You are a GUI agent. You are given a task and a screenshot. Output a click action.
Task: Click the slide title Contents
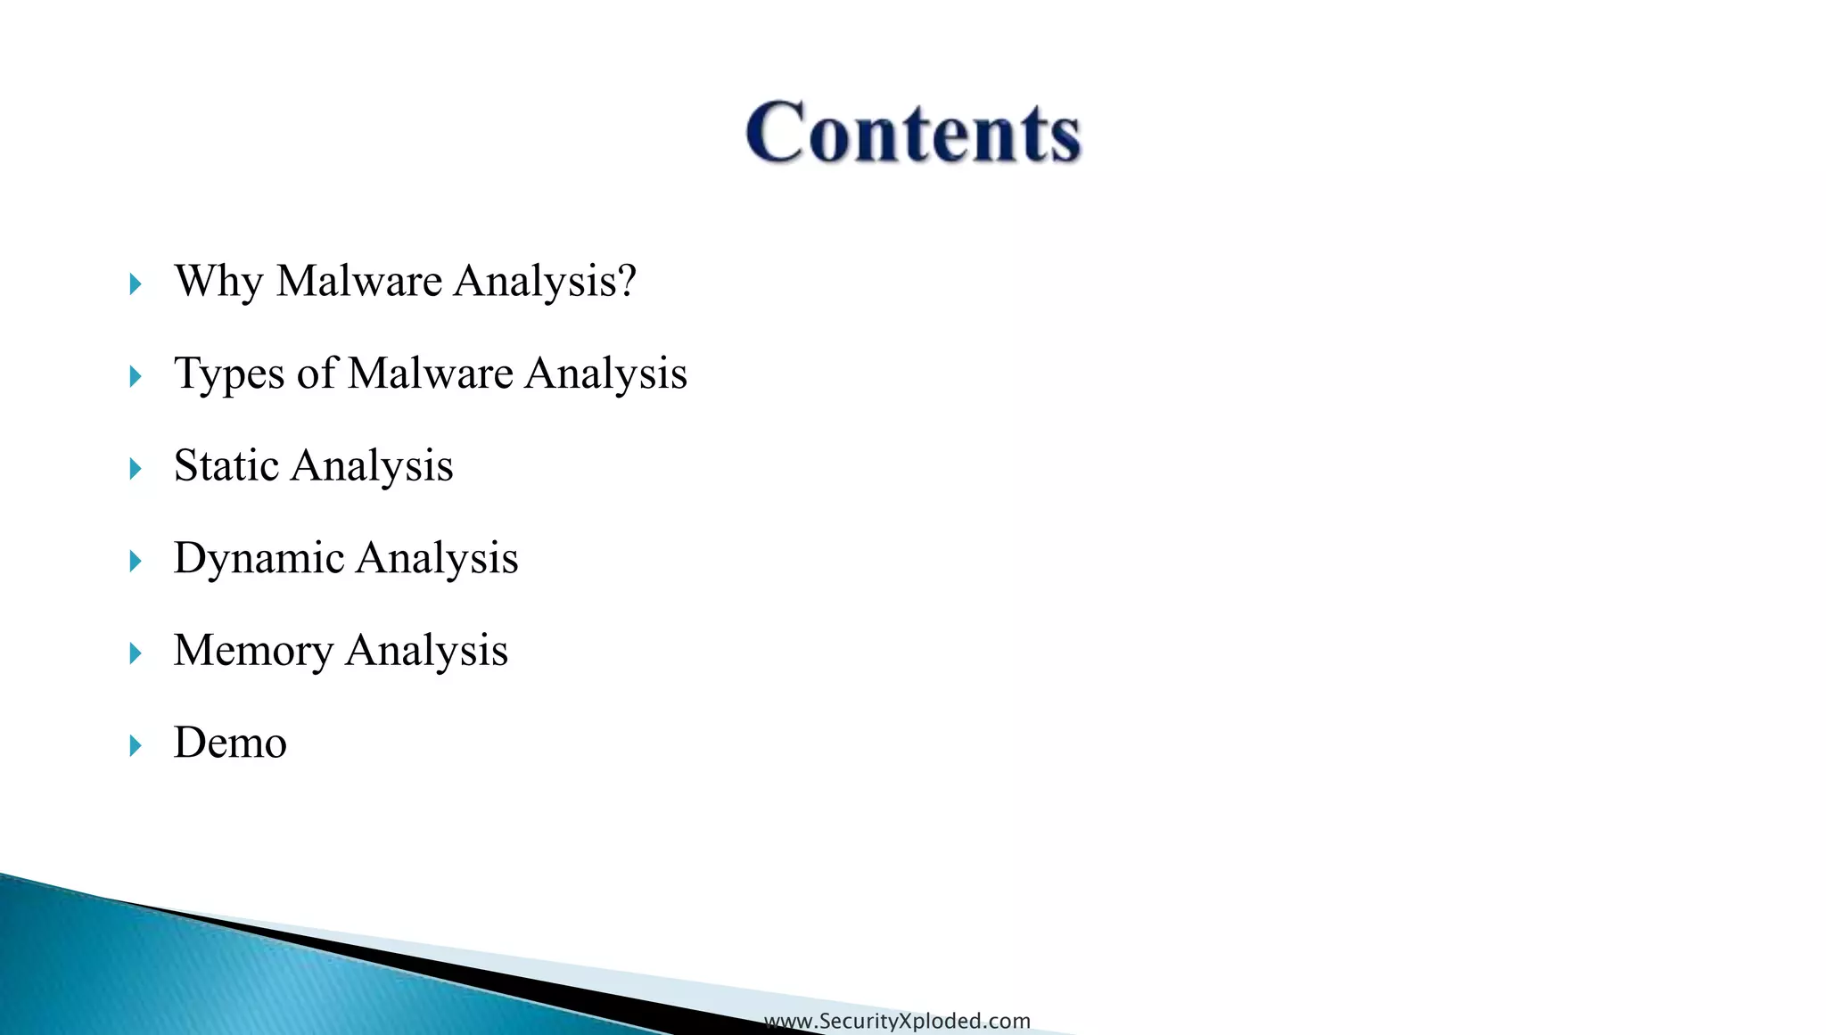[x=913, y=132]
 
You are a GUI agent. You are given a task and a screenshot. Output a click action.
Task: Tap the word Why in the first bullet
[x=218, y=282]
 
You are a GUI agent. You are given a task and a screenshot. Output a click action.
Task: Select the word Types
[x=229, y=374]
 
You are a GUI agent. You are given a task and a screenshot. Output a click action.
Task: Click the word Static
[x=226, y=465]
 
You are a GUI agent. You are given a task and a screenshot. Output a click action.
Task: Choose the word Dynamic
[x=259, y=559]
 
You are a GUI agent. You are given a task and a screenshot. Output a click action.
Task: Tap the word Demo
[x=230, y=743]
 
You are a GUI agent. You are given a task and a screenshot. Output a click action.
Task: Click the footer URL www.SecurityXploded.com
[x=897, y=1021]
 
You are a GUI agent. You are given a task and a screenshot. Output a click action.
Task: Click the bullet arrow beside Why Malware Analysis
[x=136, y=284]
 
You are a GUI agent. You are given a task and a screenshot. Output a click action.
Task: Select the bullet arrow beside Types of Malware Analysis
[x=136, y=376]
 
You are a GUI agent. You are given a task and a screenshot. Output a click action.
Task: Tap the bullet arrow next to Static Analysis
[x=136, y=469]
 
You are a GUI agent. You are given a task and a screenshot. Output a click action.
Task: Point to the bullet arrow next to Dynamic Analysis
[x=136, y=562]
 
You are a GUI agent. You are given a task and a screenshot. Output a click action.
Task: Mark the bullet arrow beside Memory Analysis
[x=136, y=653]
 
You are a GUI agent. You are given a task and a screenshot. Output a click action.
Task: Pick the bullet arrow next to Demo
[x=136, y=746]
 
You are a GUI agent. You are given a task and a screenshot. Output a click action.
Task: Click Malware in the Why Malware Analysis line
[x=359, y=281]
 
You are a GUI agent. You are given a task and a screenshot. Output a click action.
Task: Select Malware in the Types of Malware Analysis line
[x=431, y=373]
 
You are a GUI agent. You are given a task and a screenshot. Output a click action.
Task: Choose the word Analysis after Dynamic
[x=437, y=559]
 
